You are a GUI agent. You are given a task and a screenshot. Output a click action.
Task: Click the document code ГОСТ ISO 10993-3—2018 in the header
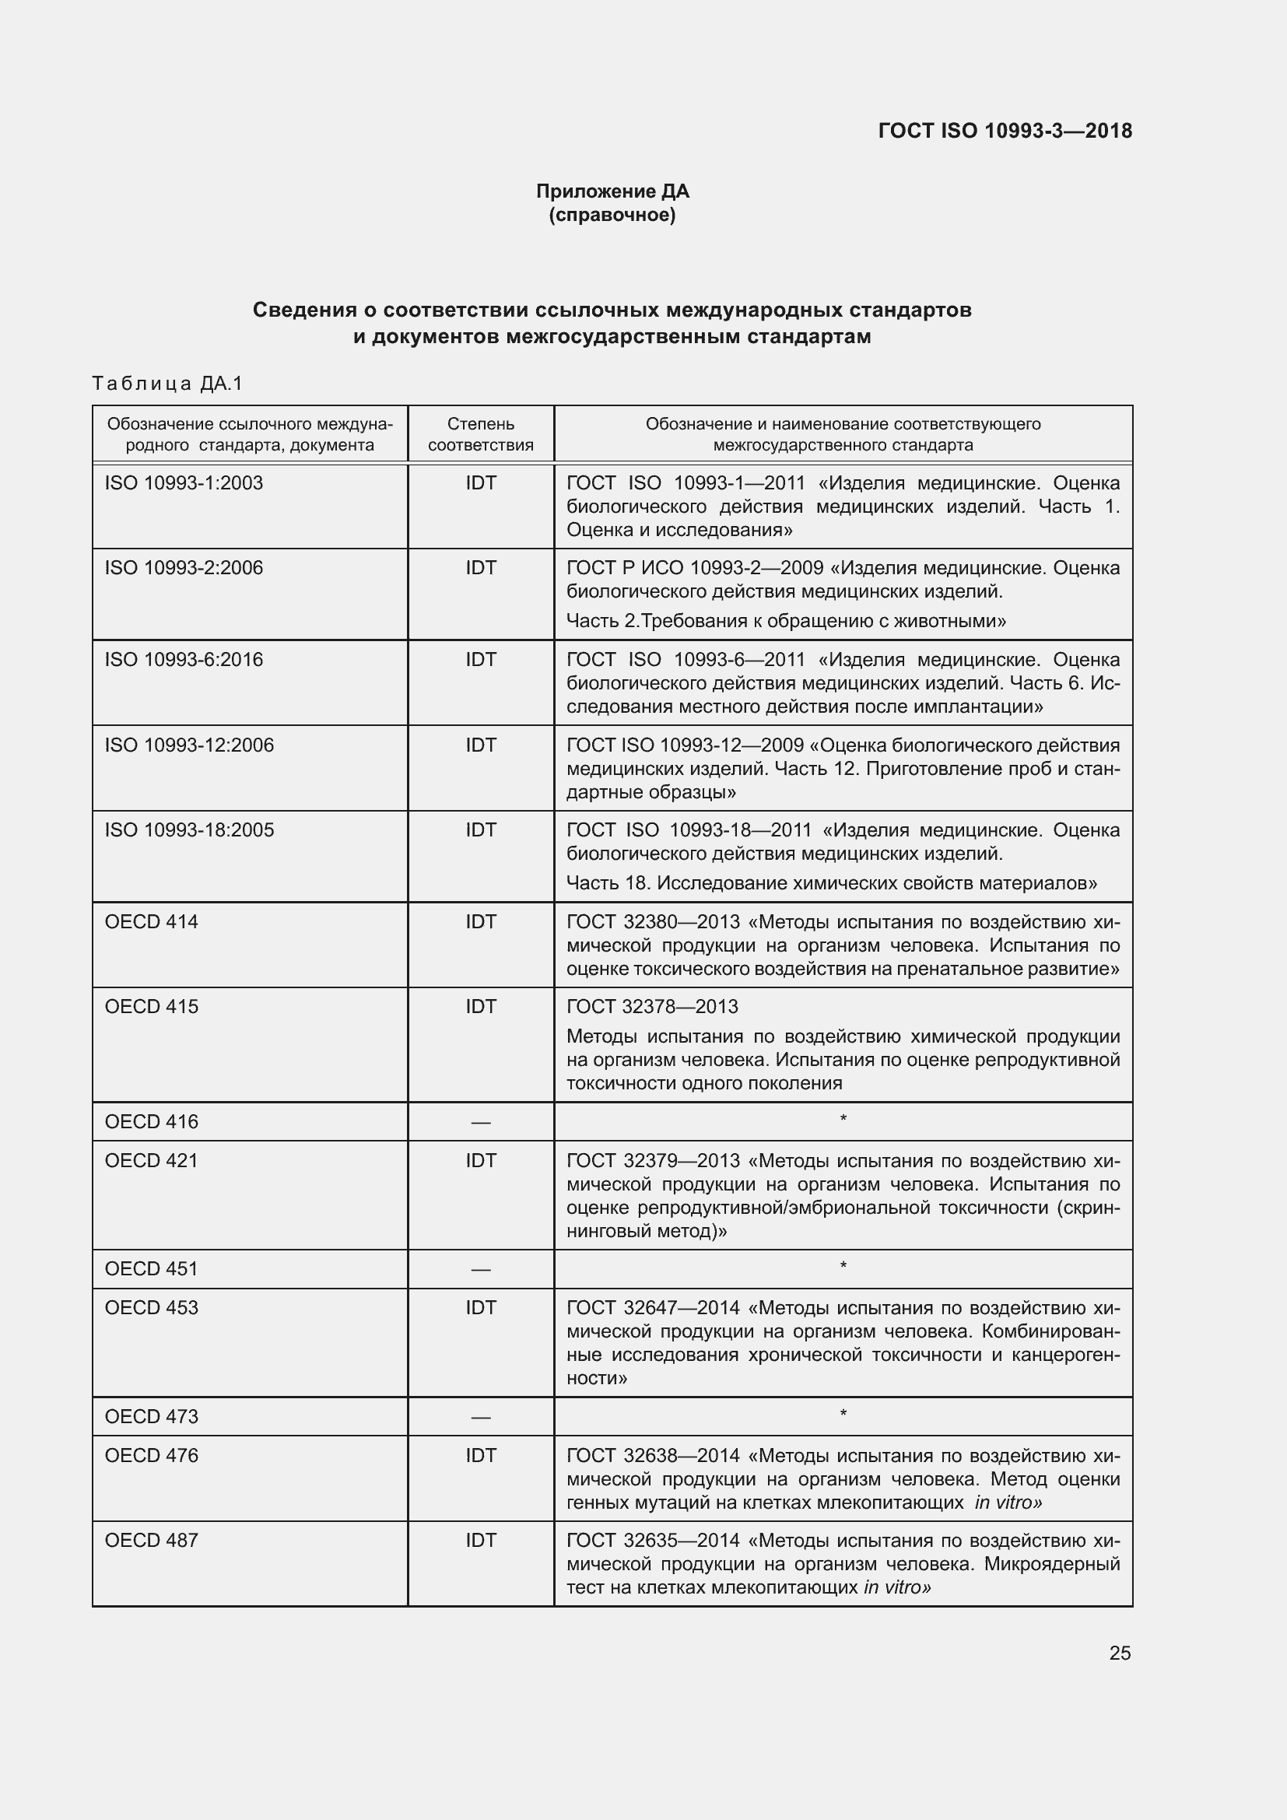coord(1005,131)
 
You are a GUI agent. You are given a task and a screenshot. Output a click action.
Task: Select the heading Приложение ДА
coord(612,191)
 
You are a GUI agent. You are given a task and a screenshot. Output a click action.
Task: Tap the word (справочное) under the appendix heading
coord(612,215)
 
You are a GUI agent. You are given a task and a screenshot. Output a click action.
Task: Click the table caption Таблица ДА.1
coord(167,384)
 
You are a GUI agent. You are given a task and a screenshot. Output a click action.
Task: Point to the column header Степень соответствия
coord(480,434)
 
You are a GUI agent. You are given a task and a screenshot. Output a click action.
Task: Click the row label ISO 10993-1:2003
coord(184,482)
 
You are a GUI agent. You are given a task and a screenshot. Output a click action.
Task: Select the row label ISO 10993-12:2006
coord(189,745)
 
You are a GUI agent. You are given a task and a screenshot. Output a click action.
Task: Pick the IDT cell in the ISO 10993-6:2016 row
coord(480,660)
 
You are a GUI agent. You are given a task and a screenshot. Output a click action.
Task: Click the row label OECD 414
coord(152,922)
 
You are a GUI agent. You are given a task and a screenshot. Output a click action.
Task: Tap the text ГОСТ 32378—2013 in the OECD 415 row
coord(652,1007)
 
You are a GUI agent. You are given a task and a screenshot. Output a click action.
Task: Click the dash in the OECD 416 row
coord(480,1123)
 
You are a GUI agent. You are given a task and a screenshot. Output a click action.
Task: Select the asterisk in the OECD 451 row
coord(843,1267)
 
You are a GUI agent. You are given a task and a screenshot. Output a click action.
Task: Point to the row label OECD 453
coord(152,1308)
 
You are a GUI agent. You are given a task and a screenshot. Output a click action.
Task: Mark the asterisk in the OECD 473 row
coord(843,1414)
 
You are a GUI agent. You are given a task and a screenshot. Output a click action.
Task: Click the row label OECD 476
coord(152,1455)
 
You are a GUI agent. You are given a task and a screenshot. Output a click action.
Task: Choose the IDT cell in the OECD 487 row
coord(480,1540)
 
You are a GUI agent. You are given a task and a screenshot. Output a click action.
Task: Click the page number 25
coord(1119,1653)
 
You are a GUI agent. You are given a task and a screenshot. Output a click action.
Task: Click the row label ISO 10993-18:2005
coord(189,830)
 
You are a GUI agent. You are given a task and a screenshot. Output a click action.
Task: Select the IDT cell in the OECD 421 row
coord(480,1160)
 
